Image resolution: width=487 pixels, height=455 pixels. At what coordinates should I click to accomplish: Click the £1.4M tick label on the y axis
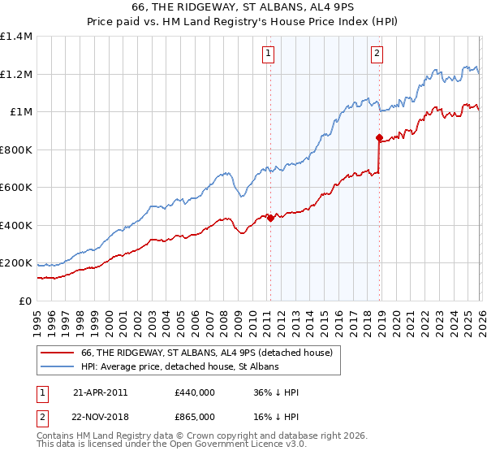pos(16,37)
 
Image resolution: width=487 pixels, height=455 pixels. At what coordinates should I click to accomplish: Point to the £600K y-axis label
pos(16,188)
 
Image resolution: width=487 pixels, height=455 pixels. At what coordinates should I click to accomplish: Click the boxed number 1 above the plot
pos(268,54)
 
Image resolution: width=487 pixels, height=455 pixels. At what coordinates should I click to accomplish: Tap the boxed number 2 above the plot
pos(377,54)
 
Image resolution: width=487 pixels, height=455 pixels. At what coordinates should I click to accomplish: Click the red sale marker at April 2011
pos(270,218)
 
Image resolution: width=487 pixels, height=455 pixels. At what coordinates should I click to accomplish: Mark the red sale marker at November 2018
pos(379,138)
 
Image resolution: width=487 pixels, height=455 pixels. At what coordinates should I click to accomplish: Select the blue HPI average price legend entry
pos(179,367)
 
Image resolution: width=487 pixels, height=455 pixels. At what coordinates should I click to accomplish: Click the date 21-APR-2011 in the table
pos(100,392)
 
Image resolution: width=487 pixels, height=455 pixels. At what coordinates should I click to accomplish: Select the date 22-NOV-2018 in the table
pos(100,417)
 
